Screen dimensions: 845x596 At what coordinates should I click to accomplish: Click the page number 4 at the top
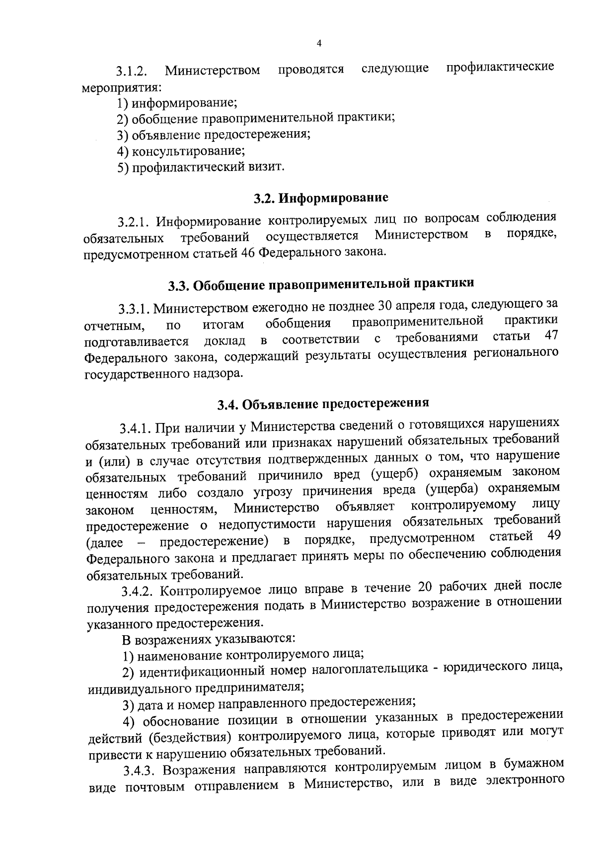[x=319, y=44]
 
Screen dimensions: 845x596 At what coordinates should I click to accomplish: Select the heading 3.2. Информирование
[x=320, y=198]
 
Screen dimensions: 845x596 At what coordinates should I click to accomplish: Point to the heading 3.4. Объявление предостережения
[x=323, y=404]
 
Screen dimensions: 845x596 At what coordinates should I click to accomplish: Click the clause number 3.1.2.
[x=131, y=71]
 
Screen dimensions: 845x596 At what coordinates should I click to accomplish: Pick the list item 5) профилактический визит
[x=201, y=167]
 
